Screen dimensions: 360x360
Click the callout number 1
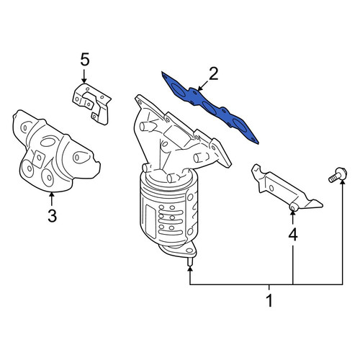click(x=270, y=300)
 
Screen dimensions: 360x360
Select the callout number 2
click(x=213, y=73)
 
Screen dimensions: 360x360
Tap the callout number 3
click(x=52, y=215)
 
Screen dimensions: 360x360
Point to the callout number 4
click(x=293, y=235)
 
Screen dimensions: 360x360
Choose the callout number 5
click(x=85, y=59)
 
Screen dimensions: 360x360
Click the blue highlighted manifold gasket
click(x=210, y=107)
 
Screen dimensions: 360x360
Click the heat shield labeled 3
click(x=56, y=151)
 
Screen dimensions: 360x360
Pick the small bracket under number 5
click(x=91, y=104)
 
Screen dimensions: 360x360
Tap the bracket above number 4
click(x=287, y=187)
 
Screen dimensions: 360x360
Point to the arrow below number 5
click(x=84, y=76)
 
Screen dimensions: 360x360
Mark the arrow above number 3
click(x=51, y=199)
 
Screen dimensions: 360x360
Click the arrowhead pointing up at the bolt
click(x=343, y=183)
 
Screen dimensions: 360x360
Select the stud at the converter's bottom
click(x=190, y=261)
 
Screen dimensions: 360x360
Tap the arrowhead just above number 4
click(x=293, y=214)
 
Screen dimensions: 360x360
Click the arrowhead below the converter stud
click(x=190, y=269)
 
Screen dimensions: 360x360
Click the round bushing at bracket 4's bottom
click(x=293, y=207)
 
